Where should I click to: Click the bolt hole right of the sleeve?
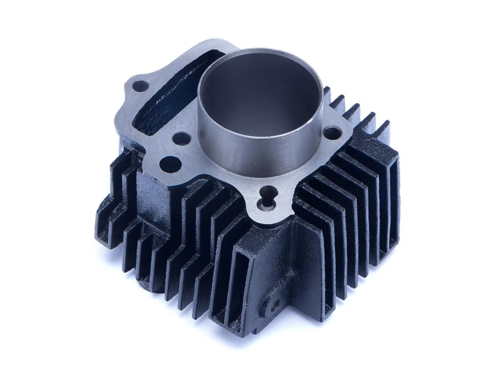[x=334, y=132]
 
